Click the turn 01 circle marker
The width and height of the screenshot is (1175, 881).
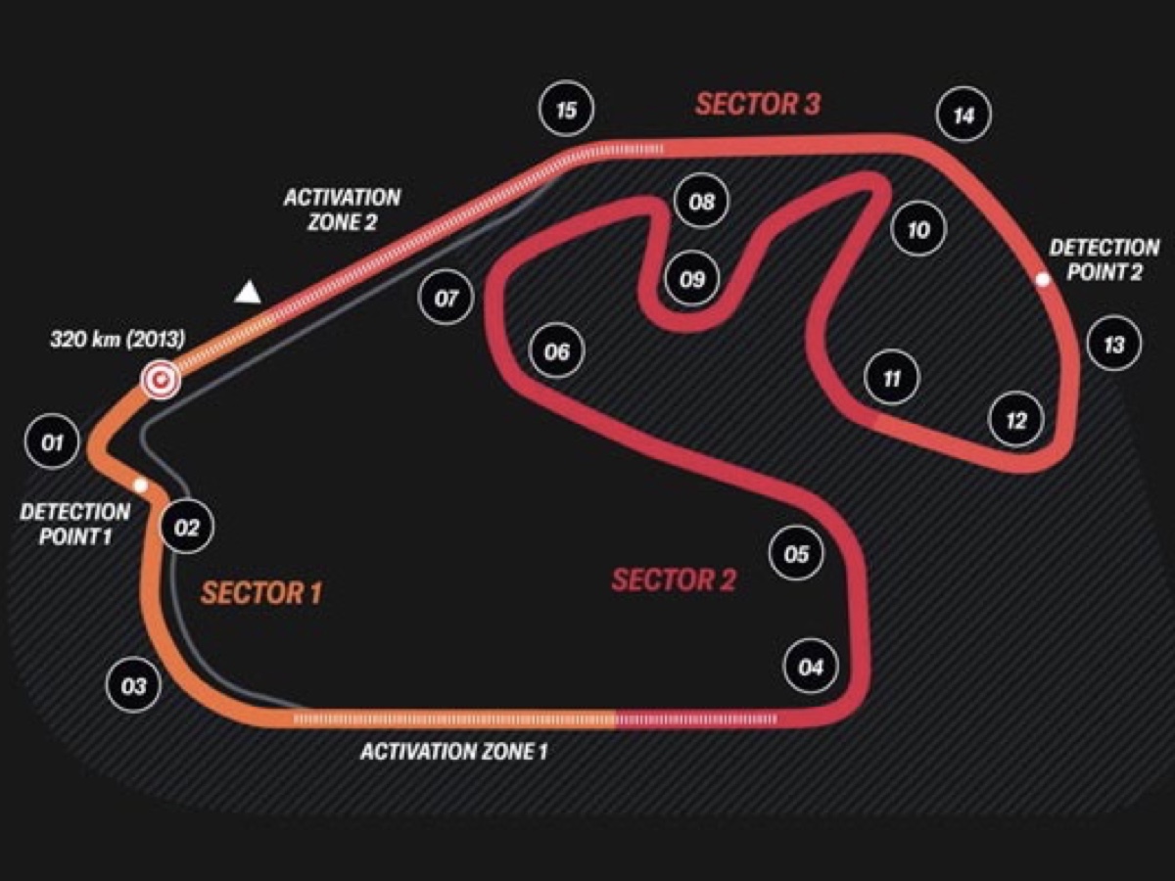(52, 443)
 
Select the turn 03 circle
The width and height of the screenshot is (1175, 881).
(133, 686)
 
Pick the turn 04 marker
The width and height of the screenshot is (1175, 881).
(811, 668)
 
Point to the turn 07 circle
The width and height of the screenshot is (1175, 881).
(446, 298)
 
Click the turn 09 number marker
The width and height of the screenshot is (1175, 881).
(692, 279)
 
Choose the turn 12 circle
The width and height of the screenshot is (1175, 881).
(1015, 420)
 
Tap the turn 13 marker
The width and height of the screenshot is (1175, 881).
(1113, 344)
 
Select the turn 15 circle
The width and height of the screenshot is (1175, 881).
(566, 109)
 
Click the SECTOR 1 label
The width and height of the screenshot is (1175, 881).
(261, 592)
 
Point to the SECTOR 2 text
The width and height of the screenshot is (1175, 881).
(674, 580)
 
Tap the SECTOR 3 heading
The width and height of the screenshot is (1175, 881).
(758, 103)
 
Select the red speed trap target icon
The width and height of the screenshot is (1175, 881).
(160, 380)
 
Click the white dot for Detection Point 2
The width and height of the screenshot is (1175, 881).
(1043, 279)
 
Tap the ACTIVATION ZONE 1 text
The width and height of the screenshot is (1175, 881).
(454, 752)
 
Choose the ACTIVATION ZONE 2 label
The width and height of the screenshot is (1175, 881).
(342, 209)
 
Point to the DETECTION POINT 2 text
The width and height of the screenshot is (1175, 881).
(1104, 259)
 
